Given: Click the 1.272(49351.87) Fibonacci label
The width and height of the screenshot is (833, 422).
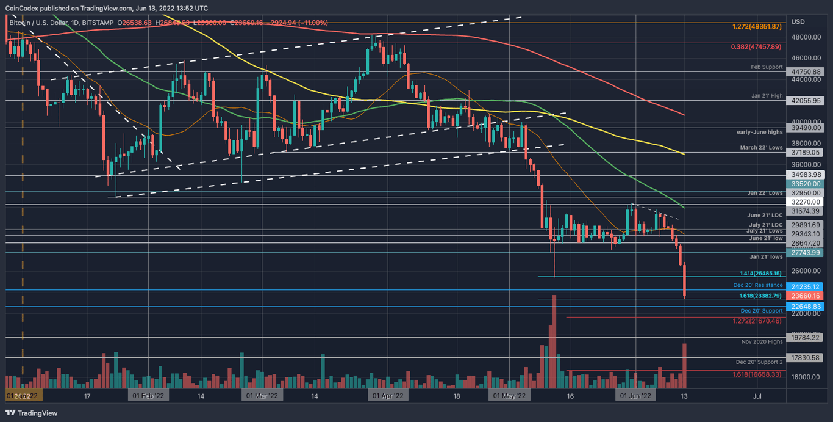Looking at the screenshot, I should point(756,27).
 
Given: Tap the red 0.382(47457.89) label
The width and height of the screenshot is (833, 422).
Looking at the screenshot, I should point(756,46).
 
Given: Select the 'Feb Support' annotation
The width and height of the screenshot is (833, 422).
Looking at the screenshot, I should point(765,66).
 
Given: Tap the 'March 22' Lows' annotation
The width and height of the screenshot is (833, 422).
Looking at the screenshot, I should point(760,147).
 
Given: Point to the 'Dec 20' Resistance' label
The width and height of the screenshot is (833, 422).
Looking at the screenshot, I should point(757,285).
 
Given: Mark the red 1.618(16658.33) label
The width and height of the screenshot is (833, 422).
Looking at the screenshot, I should point(757,374).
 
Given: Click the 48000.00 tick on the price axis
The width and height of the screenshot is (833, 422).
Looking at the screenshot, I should point(805,37).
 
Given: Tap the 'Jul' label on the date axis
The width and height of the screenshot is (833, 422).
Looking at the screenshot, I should point(757,396).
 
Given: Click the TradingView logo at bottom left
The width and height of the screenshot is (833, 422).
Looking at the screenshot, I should point(32,413).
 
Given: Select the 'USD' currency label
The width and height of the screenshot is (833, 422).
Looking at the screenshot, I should point(798,22).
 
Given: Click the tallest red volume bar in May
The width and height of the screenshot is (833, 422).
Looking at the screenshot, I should point(554,342).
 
